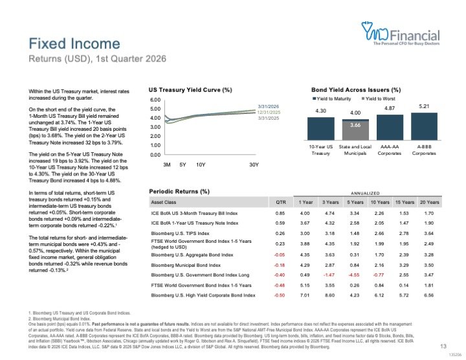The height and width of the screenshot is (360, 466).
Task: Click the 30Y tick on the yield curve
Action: (254, 164)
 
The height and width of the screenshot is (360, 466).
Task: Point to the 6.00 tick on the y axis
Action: (155, 100)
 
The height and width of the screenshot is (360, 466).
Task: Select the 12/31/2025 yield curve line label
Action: (268, 112)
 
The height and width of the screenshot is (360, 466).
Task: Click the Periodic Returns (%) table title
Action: (179, 192)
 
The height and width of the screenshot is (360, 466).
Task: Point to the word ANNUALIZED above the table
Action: (366, 193)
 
